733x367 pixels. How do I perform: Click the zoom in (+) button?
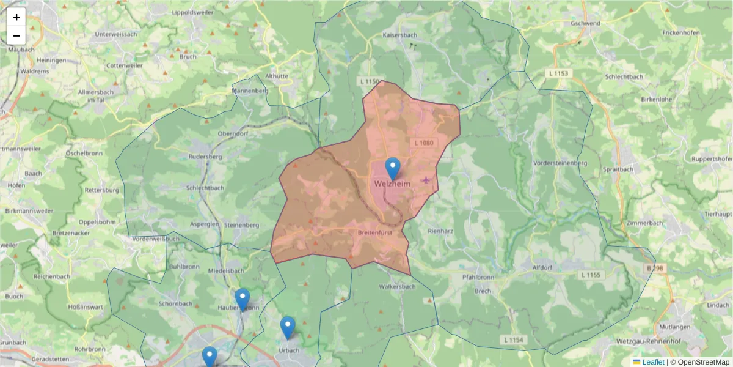click(16, 17)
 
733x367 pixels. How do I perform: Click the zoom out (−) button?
click(16, 35)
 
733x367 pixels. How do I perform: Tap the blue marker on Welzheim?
click(393, 168)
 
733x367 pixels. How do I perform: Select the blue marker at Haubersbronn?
click(243, 299)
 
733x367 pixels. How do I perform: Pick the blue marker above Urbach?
click(288, 327)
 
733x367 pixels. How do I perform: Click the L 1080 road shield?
click(422, 143)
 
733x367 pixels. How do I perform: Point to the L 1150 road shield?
click(370, 81)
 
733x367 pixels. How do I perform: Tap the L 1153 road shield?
click(558, 73)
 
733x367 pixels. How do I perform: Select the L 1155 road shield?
click(591, 275)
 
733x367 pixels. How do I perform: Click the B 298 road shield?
click(654, 269)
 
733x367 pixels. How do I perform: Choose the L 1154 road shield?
click(514, 339)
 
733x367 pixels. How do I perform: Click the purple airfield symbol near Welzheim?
click(426, 180)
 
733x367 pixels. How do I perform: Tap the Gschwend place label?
click(585, 23)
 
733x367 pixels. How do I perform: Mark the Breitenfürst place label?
click(375, 232)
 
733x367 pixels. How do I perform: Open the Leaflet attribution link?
click(652, 362)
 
